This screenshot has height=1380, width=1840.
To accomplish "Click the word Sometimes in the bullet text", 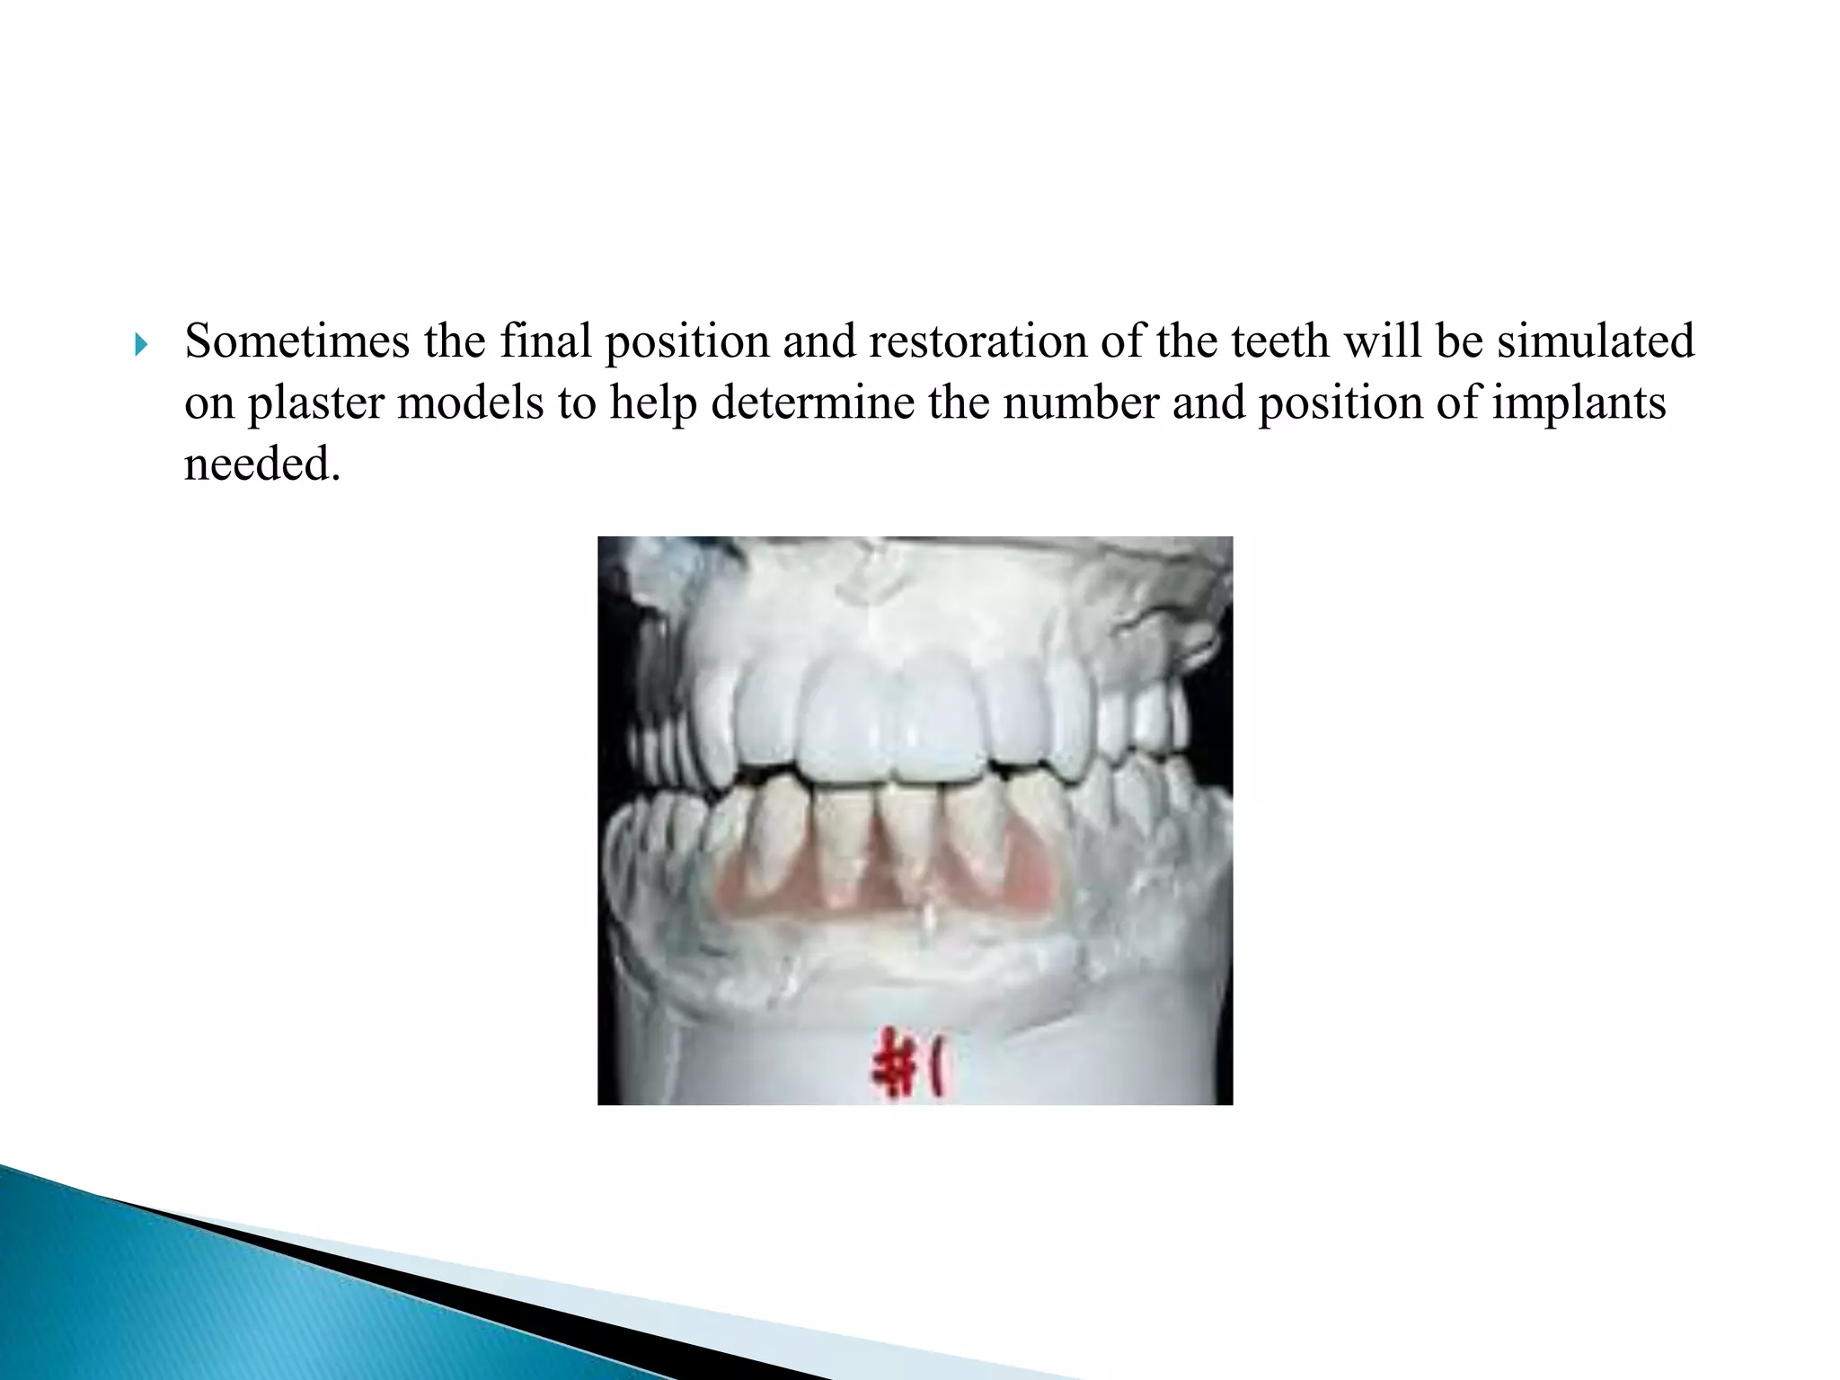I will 296,341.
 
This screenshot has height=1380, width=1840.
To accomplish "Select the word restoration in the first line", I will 978,341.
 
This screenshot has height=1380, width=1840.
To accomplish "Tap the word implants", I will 1579,403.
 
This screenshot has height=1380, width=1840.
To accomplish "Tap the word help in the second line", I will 653,403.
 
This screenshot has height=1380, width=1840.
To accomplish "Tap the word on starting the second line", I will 209,403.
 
